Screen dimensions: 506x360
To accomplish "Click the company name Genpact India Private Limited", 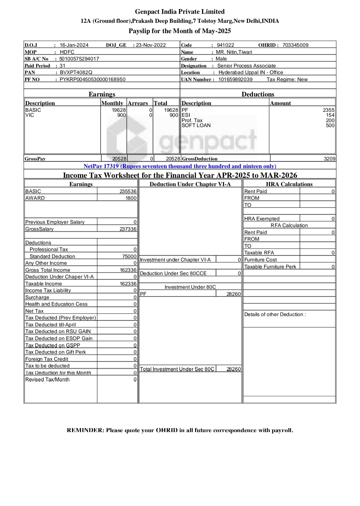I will point(180,12).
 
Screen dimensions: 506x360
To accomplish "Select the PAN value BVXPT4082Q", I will point(76,72).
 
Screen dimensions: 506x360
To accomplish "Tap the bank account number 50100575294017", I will point(79,59).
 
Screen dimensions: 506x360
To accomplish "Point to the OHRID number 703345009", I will point(295,45).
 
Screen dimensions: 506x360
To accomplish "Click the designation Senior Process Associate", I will point(246,66).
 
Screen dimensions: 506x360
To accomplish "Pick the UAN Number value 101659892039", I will point(235,79).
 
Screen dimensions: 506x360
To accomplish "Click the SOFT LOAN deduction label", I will point(196,126).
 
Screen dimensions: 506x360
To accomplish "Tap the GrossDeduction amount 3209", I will point(330,159).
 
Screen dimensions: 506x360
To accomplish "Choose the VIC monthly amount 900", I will point(121,115).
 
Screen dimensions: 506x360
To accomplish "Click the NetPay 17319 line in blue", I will point(180,166).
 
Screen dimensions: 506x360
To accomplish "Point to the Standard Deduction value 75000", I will point(129,256).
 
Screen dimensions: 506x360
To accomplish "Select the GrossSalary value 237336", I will point(128,229).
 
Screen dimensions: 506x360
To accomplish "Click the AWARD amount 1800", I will point(131,198).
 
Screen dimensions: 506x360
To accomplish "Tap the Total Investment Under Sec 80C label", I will point(177,369).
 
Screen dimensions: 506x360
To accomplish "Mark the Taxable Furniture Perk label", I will point(270,267).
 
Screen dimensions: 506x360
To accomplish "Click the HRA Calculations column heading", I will point(289,184).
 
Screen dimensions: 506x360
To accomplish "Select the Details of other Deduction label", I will point(275,314).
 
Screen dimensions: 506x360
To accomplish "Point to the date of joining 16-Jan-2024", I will point(74,45).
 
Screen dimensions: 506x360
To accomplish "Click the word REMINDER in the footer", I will point(85,430).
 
